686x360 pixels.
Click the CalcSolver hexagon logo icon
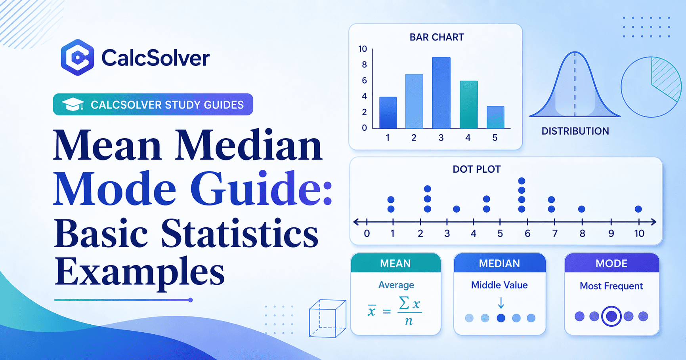[x=77, y=57]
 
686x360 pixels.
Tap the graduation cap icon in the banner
[x=73, y=105]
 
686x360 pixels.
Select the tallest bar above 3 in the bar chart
[x=441, y=93]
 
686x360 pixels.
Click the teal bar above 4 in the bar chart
[x=468, y=105]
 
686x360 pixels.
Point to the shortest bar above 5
[x=495, y=117]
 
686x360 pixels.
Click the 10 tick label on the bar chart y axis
[x=363, y=49]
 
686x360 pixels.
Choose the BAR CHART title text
[x=436, y=37]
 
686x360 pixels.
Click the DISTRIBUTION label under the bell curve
[x=575, y=131]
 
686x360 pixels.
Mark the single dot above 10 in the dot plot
[x=638, y=209]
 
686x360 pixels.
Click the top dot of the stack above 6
[x=522, y=181]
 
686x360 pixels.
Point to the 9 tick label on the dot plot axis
[x=611, y=234]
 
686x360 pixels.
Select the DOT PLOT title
[x=476, y=170]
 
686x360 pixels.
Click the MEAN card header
[x=396, y=263]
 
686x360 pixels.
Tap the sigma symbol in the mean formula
[x=404, y=303]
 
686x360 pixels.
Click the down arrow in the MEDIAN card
[x=501, y=303]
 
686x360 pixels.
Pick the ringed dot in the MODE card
[x=611, y=316]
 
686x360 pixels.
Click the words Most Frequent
[x=611, y=286]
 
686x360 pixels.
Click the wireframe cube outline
[x=327, y=319]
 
